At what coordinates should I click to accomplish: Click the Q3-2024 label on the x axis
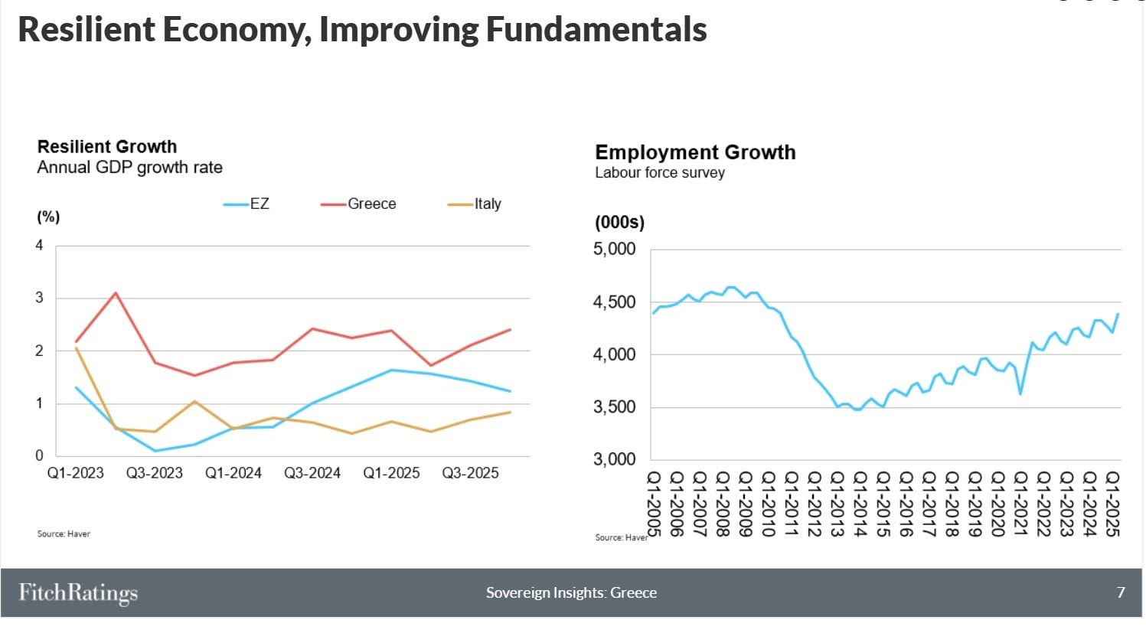coord(312,473)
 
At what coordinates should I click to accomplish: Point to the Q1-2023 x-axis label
coord(76,473)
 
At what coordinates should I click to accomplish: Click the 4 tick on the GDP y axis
coord(40,246)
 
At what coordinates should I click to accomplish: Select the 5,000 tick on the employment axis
coord(615,250)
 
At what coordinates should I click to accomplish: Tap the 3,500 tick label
coord(615,407)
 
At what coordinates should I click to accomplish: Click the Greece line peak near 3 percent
coord(116,292)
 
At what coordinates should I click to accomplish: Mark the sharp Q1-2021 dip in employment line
coord(1020,393)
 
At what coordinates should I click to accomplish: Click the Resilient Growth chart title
coord(107,146)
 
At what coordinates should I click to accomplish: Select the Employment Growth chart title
coord(695,152)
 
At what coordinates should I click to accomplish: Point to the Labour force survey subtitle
coord(660,173)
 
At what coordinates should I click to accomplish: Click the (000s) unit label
coord(619,223)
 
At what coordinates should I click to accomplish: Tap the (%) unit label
coord(48,217)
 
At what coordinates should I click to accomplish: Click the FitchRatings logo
coord(78,592)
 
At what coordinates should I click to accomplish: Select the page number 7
coord(1121,592)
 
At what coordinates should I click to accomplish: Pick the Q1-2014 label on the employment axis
coord(860,504)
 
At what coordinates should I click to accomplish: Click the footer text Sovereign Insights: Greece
coord(571,592)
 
